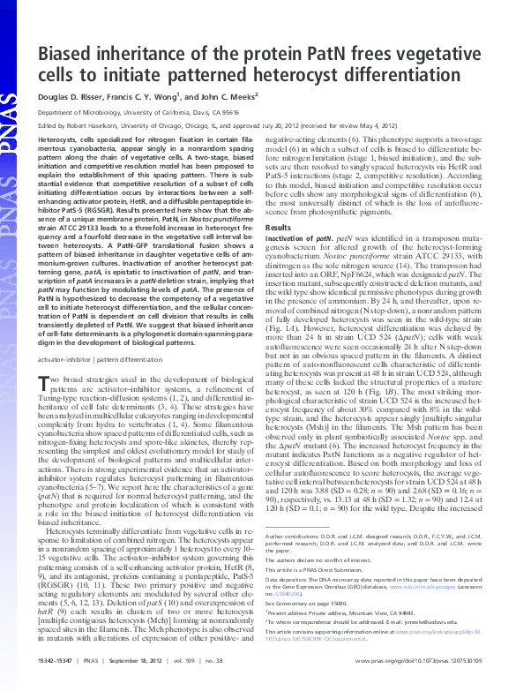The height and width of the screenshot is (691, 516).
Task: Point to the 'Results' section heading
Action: (x=279, y=228)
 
